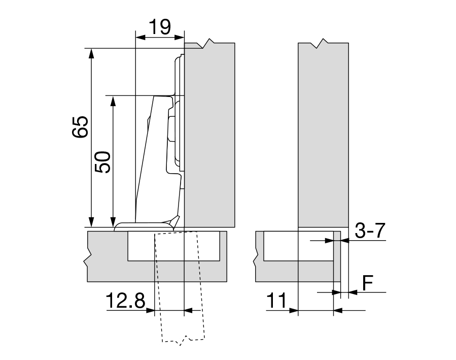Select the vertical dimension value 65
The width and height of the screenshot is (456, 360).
pos(81,126)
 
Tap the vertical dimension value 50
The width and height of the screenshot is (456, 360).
pos(103,161)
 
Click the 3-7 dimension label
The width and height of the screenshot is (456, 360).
pos(370,232)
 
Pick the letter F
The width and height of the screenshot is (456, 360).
pos(368,282)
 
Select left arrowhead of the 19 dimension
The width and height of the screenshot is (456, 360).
pos(139,37)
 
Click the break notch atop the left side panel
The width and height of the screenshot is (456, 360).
pos(207,44)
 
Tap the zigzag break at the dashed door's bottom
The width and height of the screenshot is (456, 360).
pos(185,339)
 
